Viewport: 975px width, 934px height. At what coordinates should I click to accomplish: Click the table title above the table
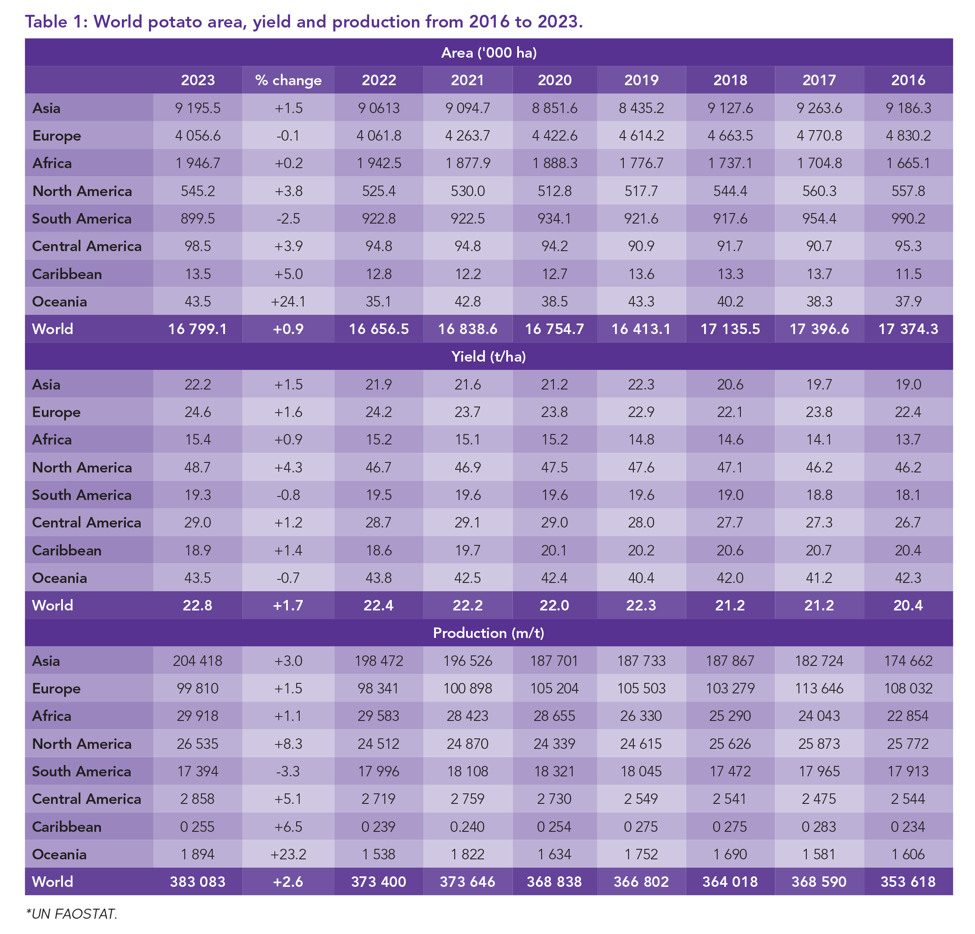tap(304, 21)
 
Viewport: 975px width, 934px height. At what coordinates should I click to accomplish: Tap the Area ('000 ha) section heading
tap(488, 53)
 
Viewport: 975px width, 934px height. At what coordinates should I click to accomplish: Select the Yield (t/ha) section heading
tap(488, 357)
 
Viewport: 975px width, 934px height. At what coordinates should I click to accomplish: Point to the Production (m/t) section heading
tap(488, 633)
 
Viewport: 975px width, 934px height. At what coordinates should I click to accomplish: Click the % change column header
tap(288, 80)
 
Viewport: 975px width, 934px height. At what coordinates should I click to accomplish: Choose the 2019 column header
tap(641, 80)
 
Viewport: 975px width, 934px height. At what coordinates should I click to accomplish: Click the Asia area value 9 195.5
tap(197, 108)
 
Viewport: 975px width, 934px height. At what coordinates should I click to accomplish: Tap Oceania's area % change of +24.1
tap(288, 301)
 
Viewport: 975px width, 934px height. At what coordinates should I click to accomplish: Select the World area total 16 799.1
tap(197, 329)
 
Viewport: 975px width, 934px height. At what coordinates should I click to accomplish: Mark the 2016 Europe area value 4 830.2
tap(908, 135)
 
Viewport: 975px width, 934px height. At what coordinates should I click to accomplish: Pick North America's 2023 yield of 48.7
tap(197, 468)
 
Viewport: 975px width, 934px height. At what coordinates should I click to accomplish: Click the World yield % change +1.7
tap(288, 605)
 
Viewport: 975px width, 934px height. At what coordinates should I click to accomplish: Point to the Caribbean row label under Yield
tap(67, 550)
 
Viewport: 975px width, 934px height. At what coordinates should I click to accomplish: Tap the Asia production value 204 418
tap(197, 661)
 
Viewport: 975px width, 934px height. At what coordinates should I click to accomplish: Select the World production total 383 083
tap(197, 882)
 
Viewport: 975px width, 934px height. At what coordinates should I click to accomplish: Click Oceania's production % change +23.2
tap(288, 854)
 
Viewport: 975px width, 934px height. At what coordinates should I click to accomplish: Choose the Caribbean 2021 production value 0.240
tap(467, 827)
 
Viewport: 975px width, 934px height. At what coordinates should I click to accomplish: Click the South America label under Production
tap(82, 772)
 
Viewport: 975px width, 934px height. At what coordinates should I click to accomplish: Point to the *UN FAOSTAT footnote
tap(72, 913)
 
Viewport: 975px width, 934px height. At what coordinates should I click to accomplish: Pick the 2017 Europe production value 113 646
tap(819, 688)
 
